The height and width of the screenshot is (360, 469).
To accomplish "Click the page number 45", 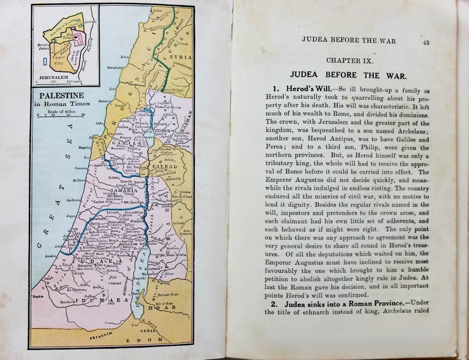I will point(426,43).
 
